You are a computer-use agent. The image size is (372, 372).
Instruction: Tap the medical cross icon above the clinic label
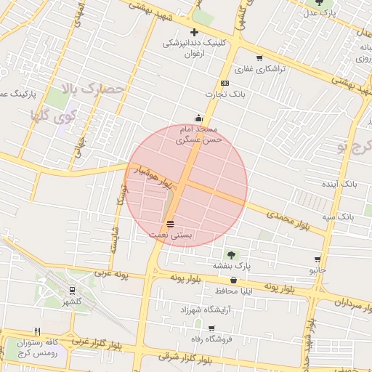click(195, 32)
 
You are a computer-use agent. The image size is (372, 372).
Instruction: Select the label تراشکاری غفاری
click(259, 68)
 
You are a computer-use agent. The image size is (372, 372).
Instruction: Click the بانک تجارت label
click(224, 94)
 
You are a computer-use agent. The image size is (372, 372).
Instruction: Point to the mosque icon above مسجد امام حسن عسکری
click(198, 118)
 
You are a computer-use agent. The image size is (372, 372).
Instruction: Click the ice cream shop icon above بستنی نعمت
click(170, 224)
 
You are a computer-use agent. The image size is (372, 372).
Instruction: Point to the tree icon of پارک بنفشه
click(231, 255)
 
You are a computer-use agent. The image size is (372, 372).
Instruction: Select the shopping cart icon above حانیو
click(318, 259)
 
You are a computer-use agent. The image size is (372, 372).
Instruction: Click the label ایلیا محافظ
click(232, 291)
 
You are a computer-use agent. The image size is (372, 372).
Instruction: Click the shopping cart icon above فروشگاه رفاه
click(211, 328)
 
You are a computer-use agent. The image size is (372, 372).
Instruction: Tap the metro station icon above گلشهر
click(72, 289)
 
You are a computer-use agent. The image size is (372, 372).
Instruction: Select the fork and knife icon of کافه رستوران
click(37, 331)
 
